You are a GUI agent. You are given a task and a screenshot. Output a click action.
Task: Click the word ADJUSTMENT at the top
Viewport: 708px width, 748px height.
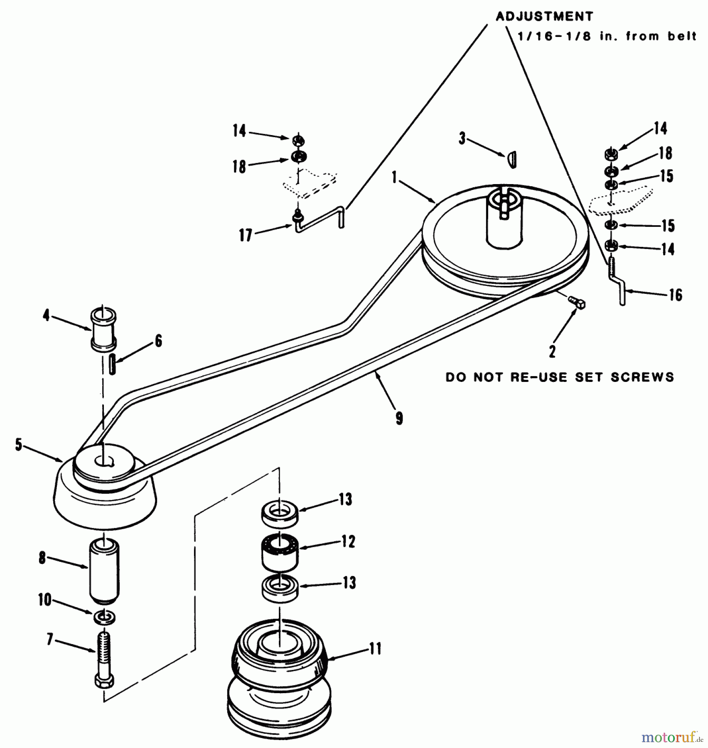pyautogui.click(x=544, y=17)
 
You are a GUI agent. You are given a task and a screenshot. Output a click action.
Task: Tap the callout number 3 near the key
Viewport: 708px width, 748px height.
pyautogui.click(x=462, y=138)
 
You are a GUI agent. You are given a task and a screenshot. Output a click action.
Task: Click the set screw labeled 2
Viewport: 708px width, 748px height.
pyautogui.click(x=578, y=303)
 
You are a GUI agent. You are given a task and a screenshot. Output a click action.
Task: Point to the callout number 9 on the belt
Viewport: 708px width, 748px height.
pyautogui.click(x=399, y=418)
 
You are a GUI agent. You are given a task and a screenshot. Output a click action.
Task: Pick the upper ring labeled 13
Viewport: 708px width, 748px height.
pyautogui.click(x=280, y=512)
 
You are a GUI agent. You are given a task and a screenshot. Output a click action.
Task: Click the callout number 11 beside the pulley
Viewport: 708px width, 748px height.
pyautogui.click(x=375, y=649)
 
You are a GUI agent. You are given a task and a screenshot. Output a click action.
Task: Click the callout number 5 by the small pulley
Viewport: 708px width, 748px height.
pyautogui.click(x=18, y=444)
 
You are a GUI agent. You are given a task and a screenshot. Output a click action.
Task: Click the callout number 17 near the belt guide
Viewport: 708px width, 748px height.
pyautogui.click(x=245, y=235)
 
